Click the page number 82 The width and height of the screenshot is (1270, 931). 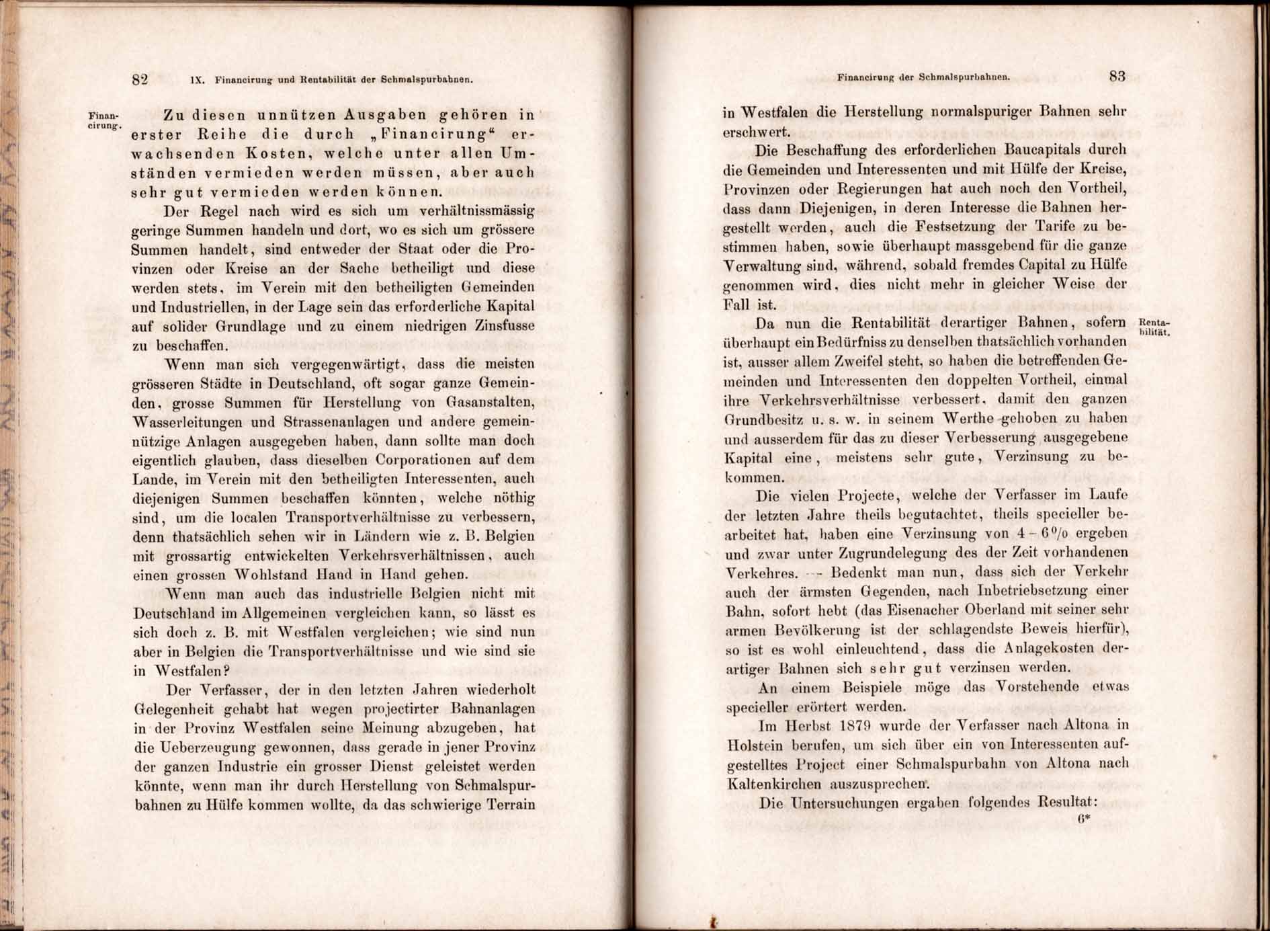[140, 79]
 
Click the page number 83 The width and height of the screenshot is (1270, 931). [1117, 77]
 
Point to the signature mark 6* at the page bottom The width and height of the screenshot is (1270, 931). [1083, 819]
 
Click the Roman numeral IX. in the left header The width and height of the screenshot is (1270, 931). [197, 80]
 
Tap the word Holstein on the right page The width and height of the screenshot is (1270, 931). [753, 745]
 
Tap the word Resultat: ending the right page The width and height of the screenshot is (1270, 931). [1067, 803]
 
